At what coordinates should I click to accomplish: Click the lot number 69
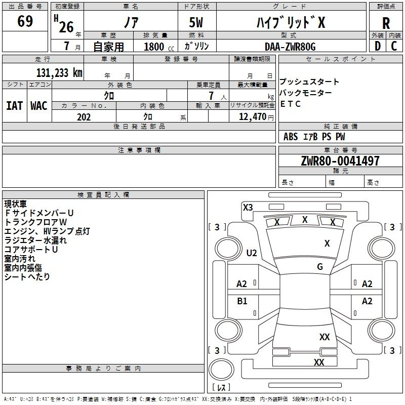[25, 21]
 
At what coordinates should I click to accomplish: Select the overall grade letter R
[386, 23]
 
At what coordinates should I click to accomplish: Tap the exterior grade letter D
[378, 46]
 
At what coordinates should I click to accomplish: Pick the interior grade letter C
[394, 46]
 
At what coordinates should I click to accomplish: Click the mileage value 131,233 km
[59, 73]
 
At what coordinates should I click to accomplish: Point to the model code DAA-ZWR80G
[290, 47]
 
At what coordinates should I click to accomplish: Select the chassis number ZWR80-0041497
[340, 161]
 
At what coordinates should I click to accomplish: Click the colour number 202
[84, 117]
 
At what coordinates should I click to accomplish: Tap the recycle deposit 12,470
[252, 117]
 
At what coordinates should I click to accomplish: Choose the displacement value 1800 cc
[159, 47]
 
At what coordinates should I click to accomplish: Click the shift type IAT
[14, 106]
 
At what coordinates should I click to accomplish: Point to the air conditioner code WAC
[39, 106]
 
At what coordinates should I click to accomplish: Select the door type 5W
[196, 22]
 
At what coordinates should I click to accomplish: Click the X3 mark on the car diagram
[248, 208]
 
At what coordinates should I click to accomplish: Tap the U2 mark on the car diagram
[252, 253]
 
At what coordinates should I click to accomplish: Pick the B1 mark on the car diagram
[242, 301]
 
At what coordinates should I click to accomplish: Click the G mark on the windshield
[320, 266]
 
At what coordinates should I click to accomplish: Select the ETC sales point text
[290, 104]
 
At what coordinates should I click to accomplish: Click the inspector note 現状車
[16, 204]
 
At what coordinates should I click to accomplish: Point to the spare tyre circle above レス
[221, 370]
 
